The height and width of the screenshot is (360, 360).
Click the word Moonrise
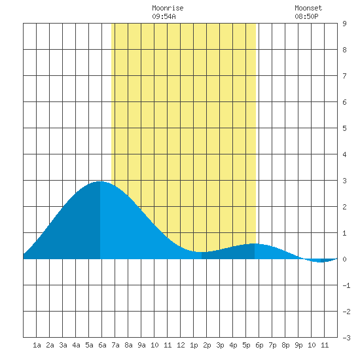[x=168, y=8]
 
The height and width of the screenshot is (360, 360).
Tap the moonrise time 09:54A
[x=164, y=16]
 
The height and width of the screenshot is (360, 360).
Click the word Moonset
[x=308, y=8]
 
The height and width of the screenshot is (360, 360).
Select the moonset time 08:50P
[x=306, y=16]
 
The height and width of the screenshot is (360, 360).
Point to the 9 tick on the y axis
[x=344, y=24]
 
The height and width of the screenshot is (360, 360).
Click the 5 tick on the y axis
[x=344, y=128]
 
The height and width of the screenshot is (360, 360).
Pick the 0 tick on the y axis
[x=344, y=259]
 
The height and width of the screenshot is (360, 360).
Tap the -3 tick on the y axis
[x=346, y=338]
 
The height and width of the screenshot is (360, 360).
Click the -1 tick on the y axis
[x=346, y=285]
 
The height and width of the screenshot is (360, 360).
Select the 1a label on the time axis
[x=37, y=345]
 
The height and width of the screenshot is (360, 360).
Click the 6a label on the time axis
[x=102, y=345]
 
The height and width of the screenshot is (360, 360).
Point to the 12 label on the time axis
[x=181, y=345]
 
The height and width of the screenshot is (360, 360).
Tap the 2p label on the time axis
[x=207, y=345]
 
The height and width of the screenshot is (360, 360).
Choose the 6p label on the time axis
[x=259, y=345]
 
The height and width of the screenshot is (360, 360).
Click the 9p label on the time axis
[x=298, y=345]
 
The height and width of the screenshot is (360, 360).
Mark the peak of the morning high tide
[x=100, y=181]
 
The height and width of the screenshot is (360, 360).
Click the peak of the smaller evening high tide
[x=255, y=243]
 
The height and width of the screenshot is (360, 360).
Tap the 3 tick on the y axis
[x=344, y=181]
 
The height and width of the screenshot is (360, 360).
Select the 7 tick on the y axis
[x=344, y=76]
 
